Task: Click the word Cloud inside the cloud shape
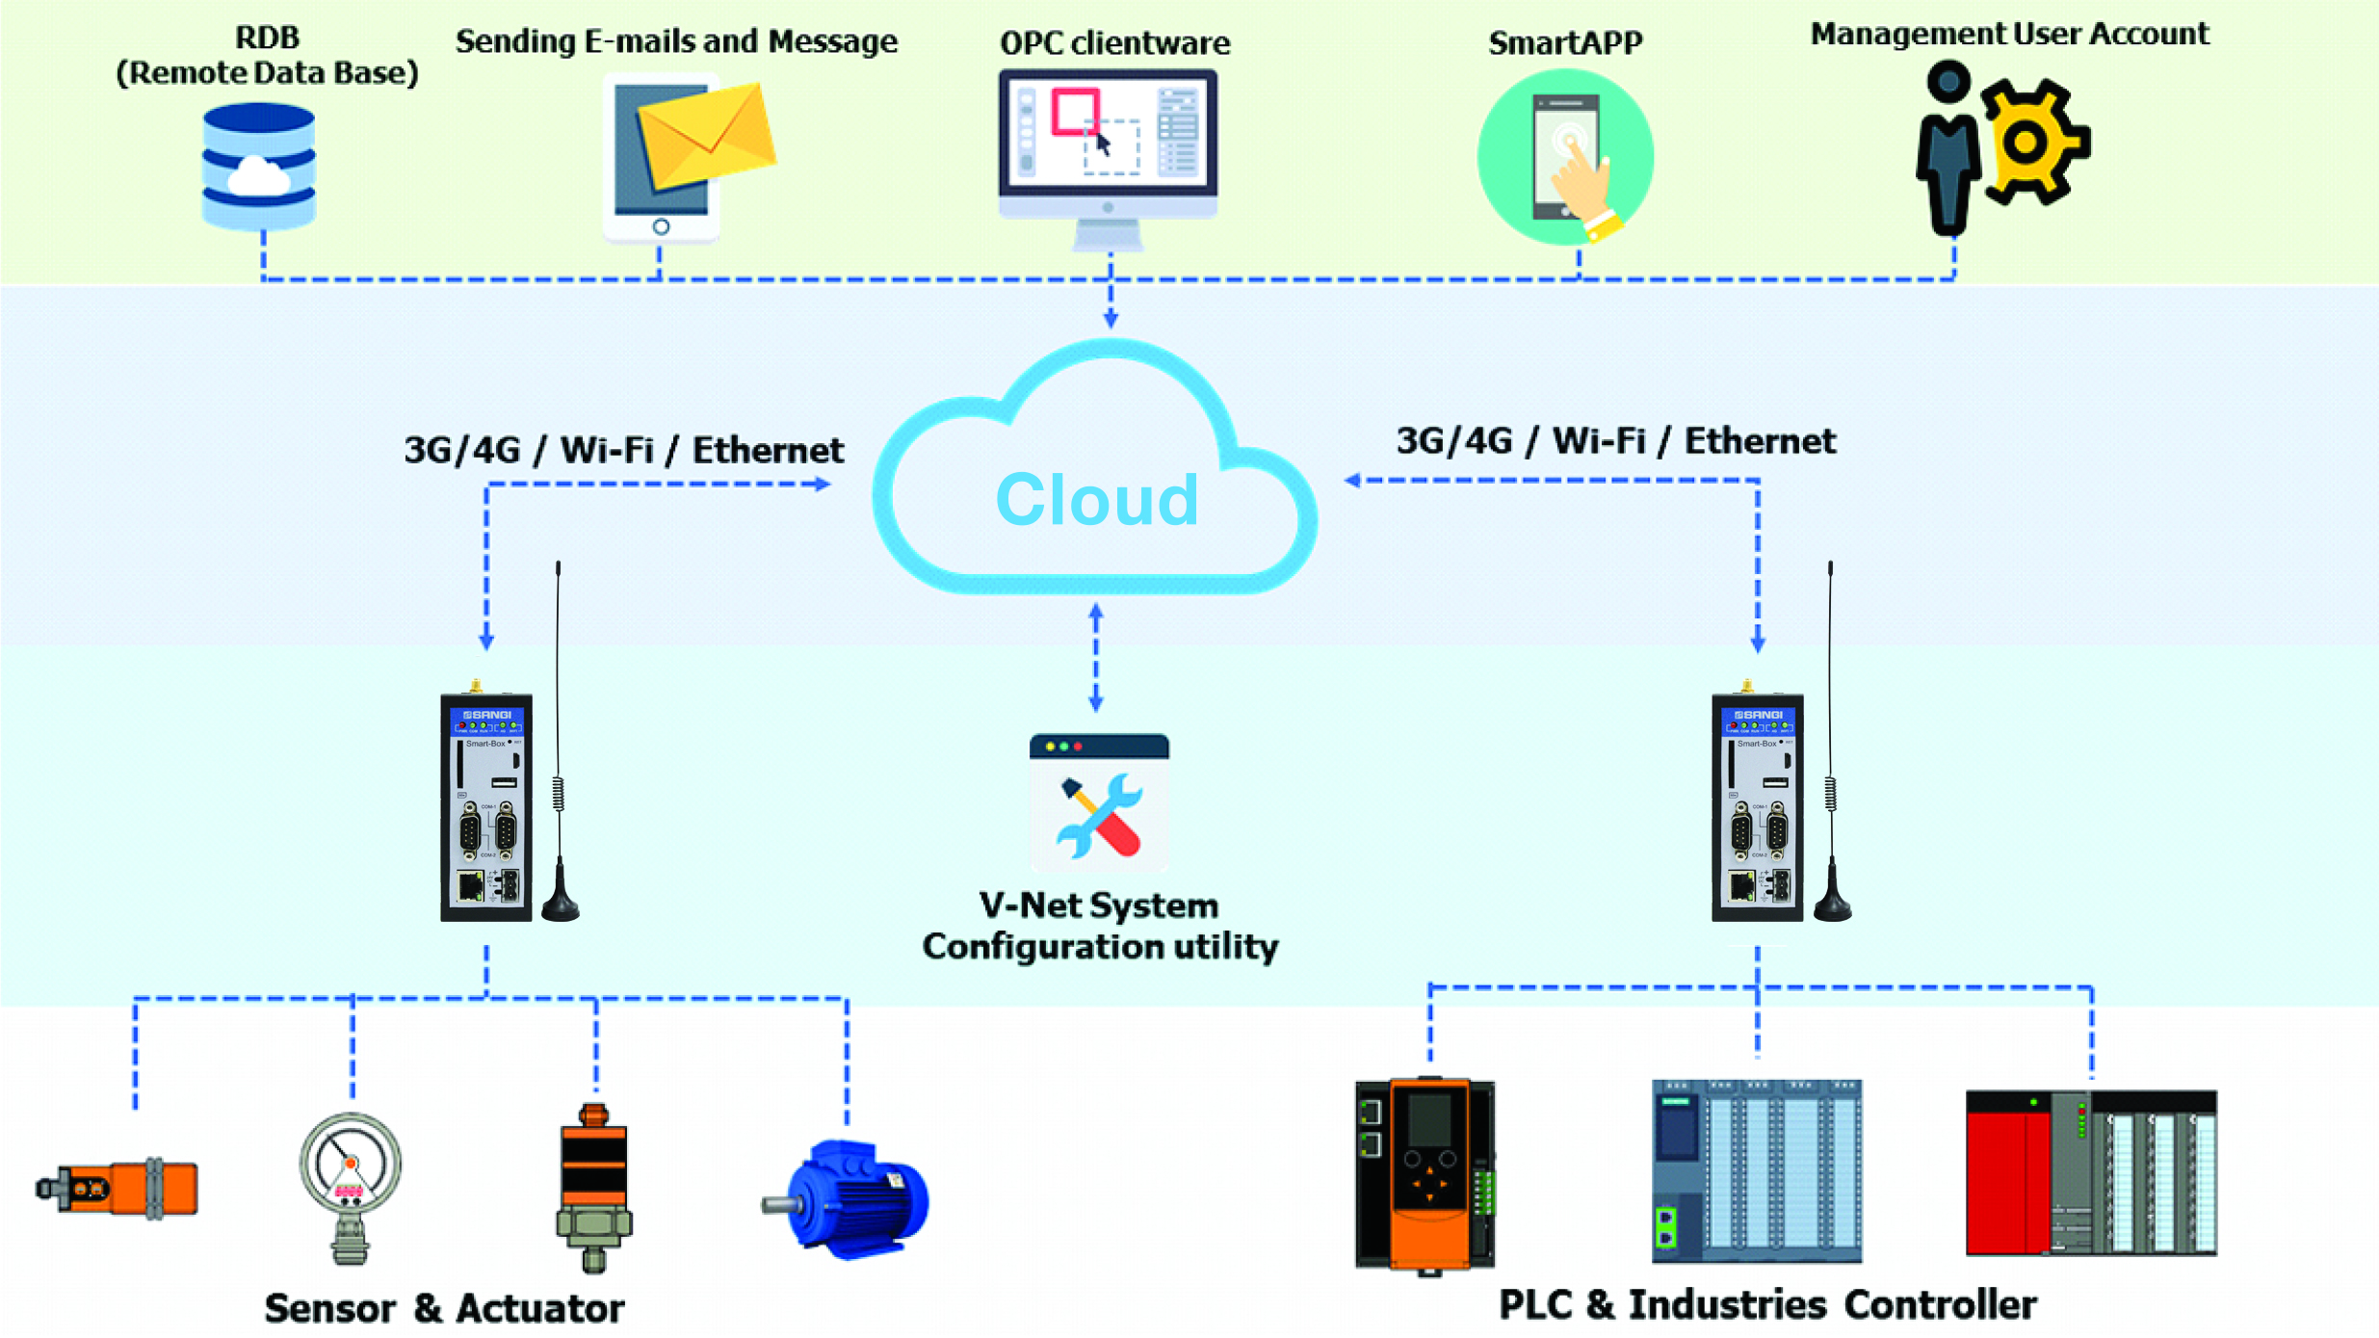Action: pos(1097,500)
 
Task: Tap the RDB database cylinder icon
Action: pos(258,167)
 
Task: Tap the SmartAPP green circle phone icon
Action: pos(1566,157)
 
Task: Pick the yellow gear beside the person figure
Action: pos(2030,143)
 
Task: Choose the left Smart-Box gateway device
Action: pos(486,807)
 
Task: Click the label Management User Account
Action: pos(2009,34)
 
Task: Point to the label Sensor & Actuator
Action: pos(444,1307)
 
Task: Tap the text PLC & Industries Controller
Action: pos(1767,1304)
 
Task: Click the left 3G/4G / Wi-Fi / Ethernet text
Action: pos(623,450)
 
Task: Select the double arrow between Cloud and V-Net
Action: pos(1096,658)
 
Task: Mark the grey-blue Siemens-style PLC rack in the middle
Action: pos(1757,1170)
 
